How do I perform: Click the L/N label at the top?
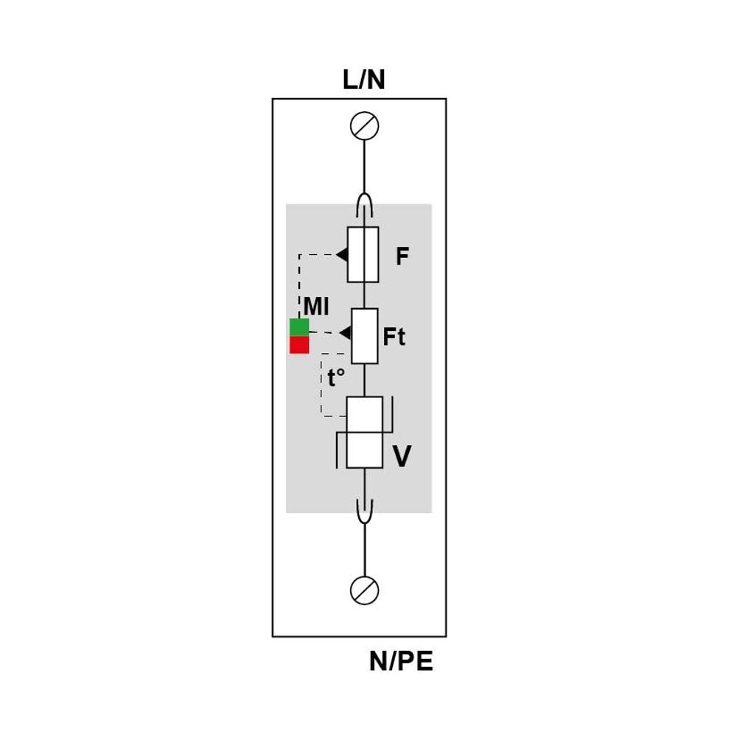point(364,80)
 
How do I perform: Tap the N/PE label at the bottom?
point(401,661)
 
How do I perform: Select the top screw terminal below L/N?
point(364,126)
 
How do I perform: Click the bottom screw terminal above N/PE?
point(364,590)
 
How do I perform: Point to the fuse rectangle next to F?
point(363,255)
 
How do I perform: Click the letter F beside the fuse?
point(402,256)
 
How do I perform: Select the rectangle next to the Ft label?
point(365,336)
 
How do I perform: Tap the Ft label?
point(394,337)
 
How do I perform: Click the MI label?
point(316,307)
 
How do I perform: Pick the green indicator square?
point(299,327)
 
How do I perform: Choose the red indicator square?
point(299,345)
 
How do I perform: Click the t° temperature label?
point(336,377)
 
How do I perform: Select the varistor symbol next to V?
point(364,433)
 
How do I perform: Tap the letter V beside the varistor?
point(402,456)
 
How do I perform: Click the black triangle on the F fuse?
point(342,255)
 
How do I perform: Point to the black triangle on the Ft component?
point(346,333)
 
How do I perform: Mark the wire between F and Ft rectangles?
point(364,296)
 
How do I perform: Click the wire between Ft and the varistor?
point(365,380)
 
